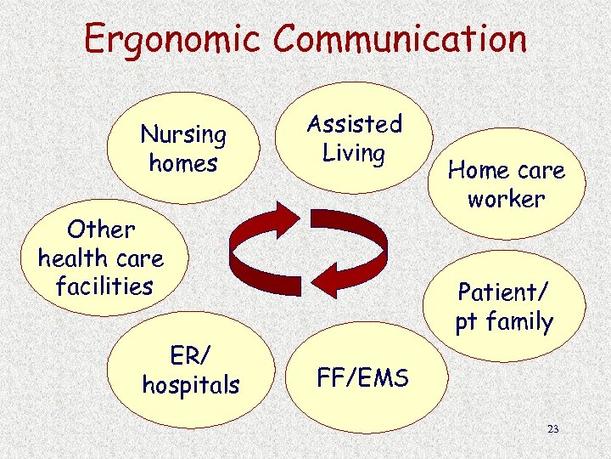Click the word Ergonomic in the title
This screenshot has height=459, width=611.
coord(174,40)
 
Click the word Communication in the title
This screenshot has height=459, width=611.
coord(401,39)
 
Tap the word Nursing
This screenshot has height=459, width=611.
coord(183,135)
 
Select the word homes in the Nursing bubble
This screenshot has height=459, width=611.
coord(183,162)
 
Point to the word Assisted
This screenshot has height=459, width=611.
coord(354,125)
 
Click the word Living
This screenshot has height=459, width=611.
coord(354,154)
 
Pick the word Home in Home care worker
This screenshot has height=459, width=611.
coord(478,171)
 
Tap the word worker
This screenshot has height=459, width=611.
coord(506,199)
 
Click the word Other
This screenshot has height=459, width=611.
coord(101,229)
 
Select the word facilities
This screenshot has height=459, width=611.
coord(104,286)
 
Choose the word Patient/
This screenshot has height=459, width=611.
coord(503,292)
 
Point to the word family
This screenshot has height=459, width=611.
coord(519,323)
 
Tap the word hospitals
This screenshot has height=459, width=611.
coord(191,385)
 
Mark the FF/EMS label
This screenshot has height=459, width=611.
coord(362,377)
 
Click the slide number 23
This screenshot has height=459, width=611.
coord(553,429)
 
